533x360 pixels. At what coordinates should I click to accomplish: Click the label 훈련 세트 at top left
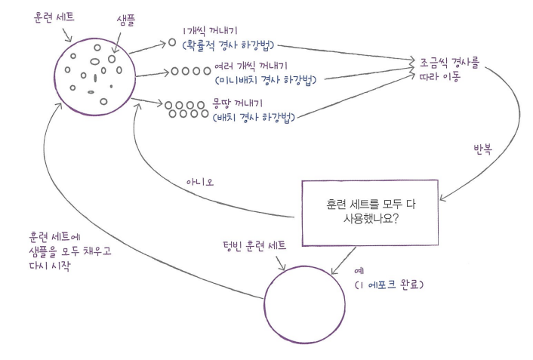coord(54,17)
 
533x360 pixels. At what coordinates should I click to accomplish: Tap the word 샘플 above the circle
coord(126,20)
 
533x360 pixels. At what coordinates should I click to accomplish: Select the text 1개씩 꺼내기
coord(209,31)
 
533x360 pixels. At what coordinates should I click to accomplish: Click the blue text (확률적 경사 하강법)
coord(229,45)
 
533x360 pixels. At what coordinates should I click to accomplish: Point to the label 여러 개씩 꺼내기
coord(251,66)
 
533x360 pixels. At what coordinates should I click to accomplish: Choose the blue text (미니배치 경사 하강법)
coord(266,80)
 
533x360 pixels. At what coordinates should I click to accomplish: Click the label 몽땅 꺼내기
coord(237,103)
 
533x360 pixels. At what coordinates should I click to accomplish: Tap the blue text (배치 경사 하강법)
coord(254,117)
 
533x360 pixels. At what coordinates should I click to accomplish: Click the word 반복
coord(482,149)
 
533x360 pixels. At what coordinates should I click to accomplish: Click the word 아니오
coord(200,182)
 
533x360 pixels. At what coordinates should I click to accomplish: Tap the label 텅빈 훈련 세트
coord(254,246)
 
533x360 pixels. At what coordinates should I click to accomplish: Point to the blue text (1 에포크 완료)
coord(389,285)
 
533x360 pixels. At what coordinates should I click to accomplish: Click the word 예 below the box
coord(359,271)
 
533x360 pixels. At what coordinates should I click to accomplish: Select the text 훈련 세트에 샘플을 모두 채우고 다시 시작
coord(70,251)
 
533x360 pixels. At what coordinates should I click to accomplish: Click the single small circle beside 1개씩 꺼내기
coord(172,42)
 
